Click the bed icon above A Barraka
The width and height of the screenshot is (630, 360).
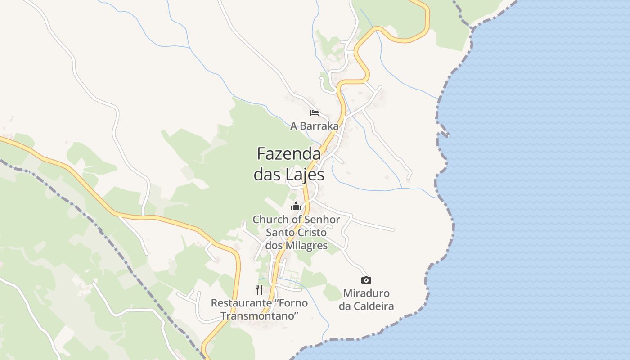[x=315, y=112]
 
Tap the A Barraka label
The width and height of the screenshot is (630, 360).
[x=314, y=126]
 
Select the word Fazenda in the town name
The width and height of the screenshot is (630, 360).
[x=289, y=154]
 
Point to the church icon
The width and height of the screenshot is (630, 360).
[x=296, y=207]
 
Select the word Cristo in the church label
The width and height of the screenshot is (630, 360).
[x=311, y=233]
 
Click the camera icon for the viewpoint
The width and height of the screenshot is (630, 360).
[x=366, y=280]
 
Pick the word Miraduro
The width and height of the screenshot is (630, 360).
[x=366, y=293]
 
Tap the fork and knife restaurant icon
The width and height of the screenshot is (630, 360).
[x=259, y=289]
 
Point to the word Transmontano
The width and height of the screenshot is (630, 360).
[x=260, y=315]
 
